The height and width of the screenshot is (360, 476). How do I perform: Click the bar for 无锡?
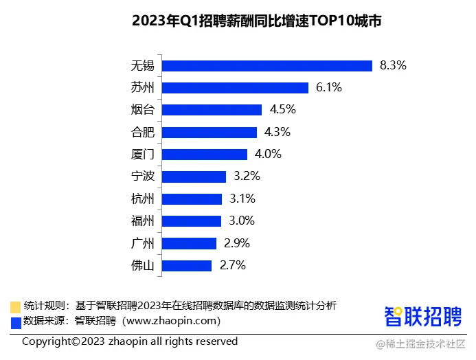click(267, 66)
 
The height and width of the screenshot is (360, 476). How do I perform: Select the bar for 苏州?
click(235, 88)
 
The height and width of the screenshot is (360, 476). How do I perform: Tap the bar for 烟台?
click(212, 110)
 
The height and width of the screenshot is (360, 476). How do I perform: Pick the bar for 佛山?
click(187, 265)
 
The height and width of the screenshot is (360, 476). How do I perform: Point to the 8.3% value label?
click(393, 66)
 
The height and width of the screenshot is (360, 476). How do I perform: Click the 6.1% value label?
click(328, 88)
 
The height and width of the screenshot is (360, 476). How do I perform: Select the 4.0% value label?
click(268, 155)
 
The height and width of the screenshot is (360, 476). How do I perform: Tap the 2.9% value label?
click(236, 243)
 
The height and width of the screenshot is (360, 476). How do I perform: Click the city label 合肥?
click(142, 133)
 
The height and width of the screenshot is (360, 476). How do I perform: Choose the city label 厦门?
click(142, 155)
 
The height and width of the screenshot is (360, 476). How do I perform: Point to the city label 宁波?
click(142, 177)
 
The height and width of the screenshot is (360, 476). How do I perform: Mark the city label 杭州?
click(142, 199)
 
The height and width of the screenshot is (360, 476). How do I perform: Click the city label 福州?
click(142, 221)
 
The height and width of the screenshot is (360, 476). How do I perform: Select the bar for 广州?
click(190, 243)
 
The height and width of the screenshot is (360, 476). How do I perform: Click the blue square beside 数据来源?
click(15, 321)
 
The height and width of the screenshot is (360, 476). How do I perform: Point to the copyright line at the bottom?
click(130, 341)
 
